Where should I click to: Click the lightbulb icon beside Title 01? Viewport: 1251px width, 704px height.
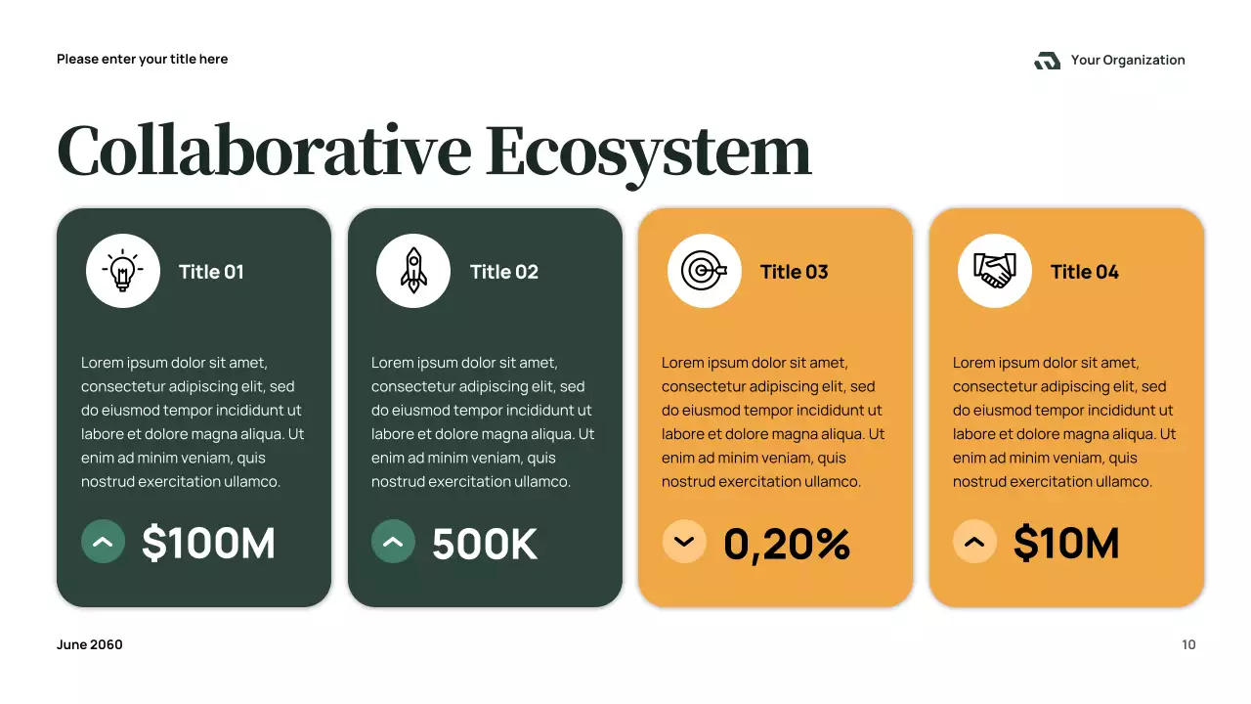click(123, 271)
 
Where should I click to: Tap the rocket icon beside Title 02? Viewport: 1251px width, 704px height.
click(413, 271)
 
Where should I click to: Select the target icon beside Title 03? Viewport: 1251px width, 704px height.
click(704, 271)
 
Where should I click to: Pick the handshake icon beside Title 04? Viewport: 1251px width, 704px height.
click(995, 271)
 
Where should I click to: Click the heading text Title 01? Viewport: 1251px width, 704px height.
click(211, 272)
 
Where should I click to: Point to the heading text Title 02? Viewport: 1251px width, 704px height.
click(503, 272)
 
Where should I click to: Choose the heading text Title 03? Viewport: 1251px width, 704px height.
click(794, 272)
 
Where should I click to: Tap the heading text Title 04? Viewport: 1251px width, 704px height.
click(1084, 272)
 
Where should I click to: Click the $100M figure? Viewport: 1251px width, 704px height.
click(208, 544)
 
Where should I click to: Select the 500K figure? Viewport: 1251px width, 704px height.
click(485, 545)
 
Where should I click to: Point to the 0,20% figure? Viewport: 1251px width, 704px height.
click(787, 545)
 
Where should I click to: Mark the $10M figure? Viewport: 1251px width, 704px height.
click(1066, 544)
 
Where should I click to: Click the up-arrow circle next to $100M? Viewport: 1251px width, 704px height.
click(103, 542)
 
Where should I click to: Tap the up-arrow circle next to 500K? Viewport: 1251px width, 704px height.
click(393, 542)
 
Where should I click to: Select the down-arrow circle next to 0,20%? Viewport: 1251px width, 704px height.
click(684, 542)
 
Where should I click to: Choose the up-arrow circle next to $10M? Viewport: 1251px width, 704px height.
click(974, 542)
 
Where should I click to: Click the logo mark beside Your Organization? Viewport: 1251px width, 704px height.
click(1047, 61)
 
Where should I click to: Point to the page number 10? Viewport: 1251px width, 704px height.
click(1188, 644)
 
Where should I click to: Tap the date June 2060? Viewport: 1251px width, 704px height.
click(90, 644)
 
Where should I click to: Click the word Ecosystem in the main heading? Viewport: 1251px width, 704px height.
click(648, 153)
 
